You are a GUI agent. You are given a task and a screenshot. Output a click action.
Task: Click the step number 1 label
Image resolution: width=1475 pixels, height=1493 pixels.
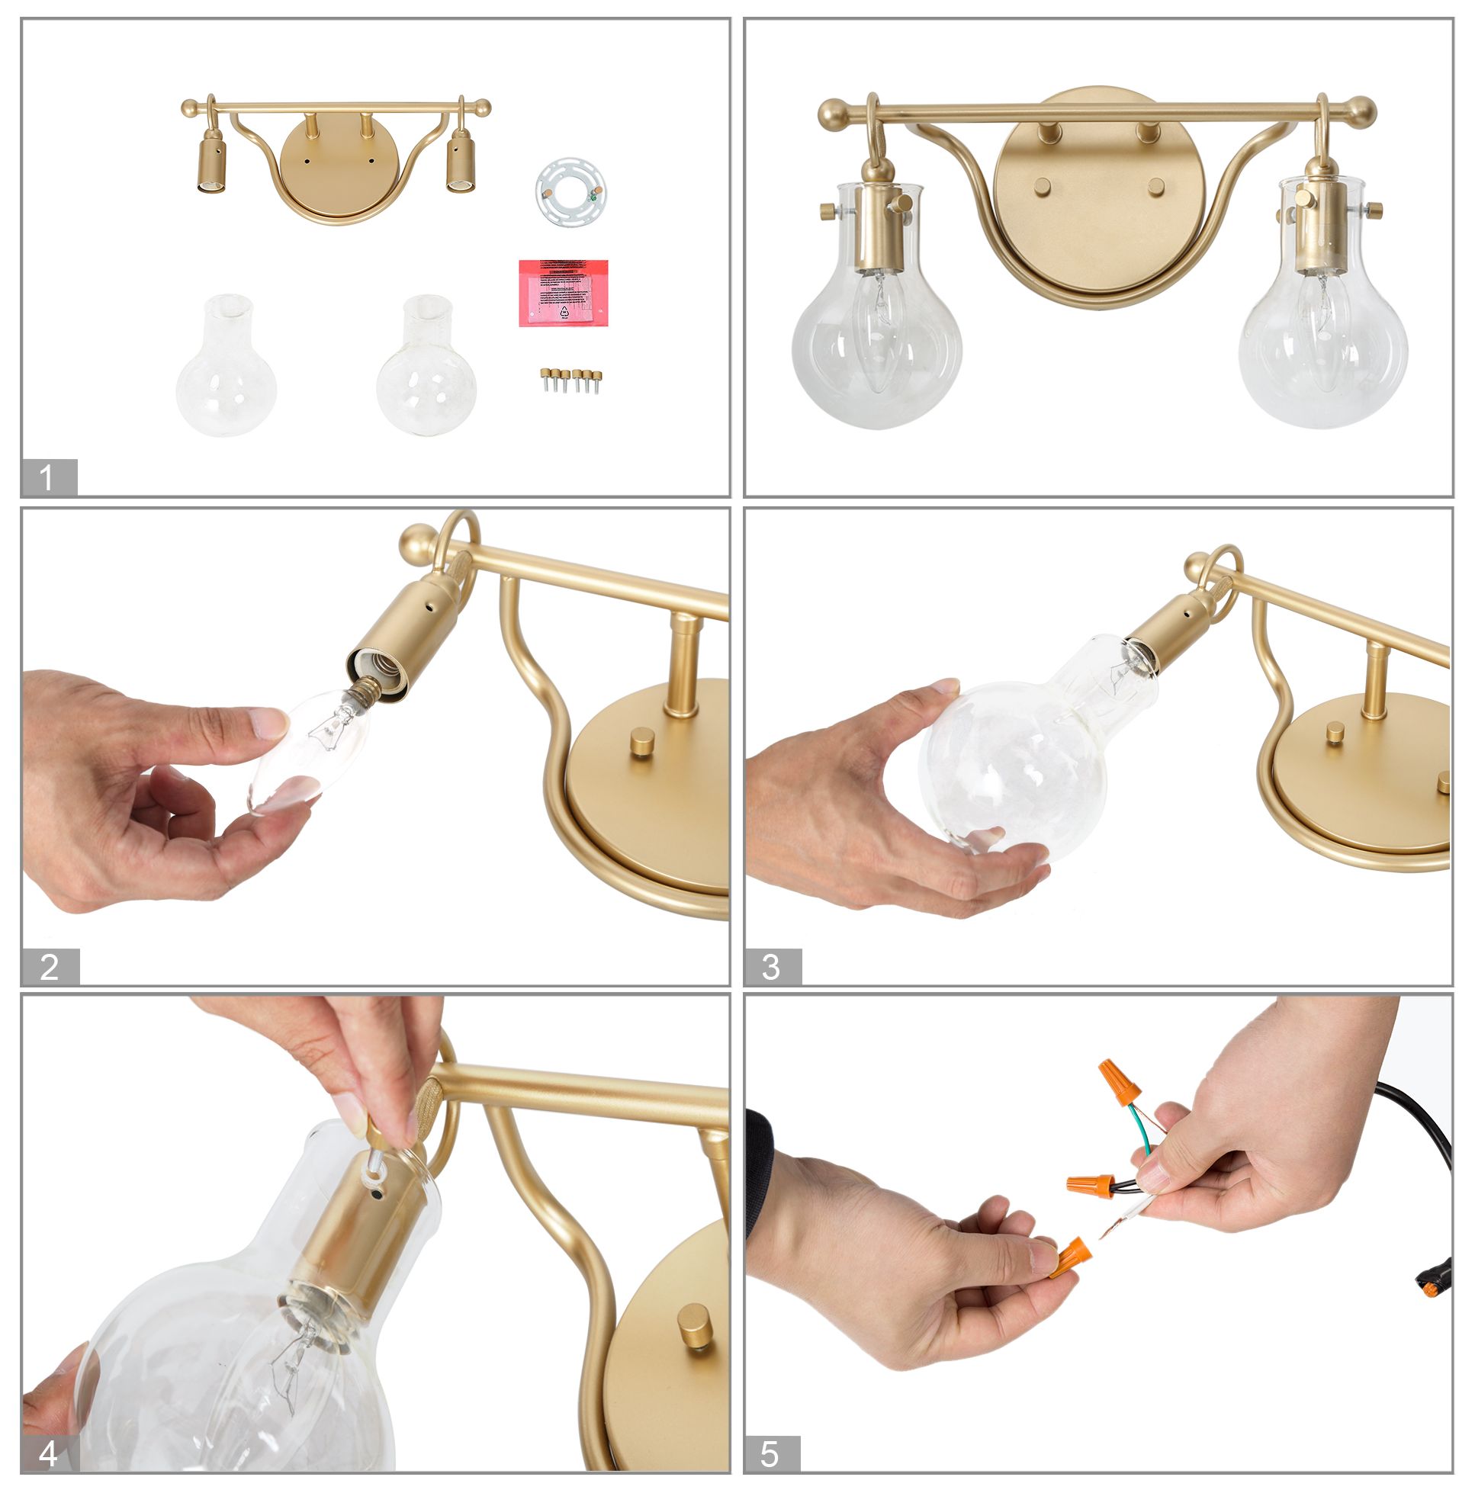click(x=48, y=477)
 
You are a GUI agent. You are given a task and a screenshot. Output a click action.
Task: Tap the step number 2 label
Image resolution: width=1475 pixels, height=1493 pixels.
click(x=50, y=966)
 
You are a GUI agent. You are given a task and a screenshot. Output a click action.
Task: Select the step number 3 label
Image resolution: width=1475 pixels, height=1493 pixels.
click(x=771, y=966)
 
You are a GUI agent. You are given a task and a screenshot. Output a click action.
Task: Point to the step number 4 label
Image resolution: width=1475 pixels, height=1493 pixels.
click(x=48, y=1453)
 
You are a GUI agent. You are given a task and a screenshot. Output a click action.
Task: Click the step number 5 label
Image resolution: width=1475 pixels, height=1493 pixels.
click(x=770, y=1453)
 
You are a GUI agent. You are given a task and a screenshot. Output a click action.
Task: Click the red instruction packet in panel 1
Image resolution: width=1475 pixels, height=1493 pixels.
click(x=563, y=293)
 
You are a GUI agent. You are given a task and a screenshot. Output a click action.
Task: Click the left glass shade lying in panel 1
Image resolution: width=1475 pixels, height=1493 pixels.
click(x=226, y=367)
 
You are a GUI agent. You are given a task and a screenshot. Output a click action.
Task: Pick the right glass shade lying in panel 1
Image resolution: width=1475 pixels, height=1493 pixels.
click(x=426, y=367)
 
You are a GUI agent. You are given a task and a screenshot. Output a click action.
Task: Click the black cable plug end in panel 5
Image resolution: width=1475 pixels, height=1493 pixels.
click(x=1428, y=1286)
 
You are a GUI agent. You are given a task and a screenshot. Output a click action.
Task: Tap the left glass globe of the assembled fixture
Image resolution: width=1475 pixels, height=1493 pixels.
click(x=876, y=348)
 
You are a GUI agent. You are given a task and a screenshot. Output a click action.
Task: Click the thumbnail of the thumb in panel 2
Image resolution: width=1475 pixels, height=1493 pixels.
click(x=271, y=723)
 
